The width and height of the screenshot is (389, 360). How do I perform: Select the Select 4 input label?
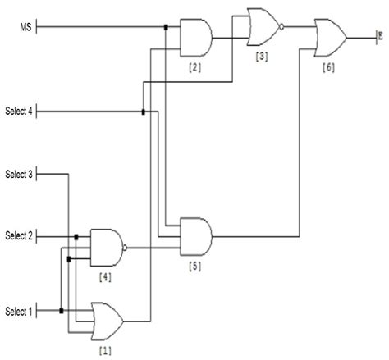click(x=18, y=111)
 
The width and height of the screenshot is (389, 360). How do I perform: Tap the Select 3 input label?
click(x=18, y=174)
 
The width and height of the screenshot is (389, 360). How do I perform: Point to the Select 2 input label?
click(x=18, y=236)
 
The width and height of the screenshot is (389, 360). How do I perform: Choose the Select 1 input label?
click(x=18, y=311)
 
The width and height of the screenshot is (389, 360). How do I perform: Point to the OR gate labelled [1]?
click(x=108, y=320)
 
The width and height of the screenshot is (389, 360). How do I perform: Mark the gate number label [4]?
click(x=105, y=277)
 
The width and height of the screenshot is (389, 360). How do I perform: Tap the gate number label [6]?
click(x=329, y=68)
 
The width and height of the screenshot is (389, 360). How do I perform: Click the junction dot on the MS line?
click(x=166, y=28)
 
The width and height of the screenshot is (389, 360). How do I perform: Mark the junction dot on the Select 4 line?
click(x=143, y=112)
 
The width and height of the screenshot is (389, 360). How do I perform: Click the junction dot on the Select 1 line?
click(x=62, y=311)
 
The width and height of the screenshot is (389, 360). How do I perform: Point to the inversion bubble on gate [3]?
click(x=281, y=27)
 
